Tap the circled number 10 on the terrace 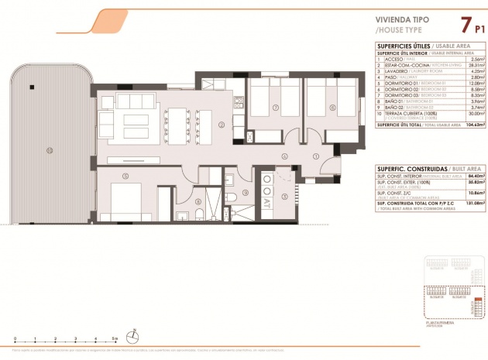[x=49, y=151]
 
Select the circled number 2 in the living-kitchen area [x=221, y=124]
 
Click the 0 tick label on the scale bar [x=15, y=339]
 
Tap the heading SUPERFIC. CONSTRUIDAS [x=403, y=167]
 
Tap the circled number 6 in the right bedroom [x=331, y=108]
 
